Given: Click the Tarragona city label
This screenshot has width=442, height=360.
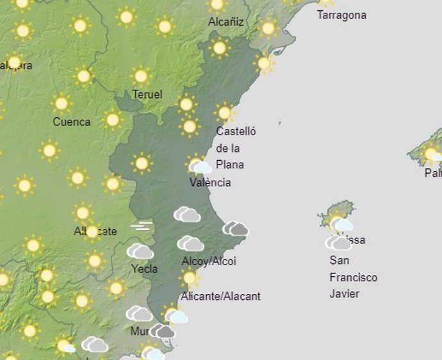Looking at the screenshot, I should click(x=341, y=15).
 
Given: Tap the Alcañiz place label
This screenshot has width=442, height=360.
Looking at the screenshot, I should click(x=225, y=22).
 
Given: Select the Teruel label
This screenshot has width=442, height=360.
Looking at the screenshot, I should click(x=147, y=94).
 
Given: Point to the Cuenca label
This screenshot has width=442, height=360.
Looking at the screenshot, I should click(x=71, y=122).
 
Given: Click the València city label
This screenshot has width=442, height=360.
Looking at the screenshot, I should click(x=210, y=183).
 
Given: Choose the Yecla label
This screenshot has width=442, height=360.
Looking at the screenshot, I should click(x=144, y=268).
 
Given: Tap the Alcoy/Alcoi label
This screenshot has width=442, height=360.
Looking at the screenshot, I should click(x=209, y=261).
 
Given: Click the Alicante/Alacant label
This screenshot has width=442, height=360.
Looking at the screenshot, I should click(x=220, y=297).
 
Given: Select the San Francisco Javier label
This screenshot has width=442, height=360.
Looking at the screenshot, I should click(x=353, y=277).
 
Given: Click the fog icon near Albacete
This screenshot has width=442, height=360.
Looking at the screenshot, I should click(x=142, y=225).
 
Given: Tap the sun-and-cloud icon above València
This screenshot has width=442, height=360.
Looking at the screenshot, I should click(x=200, y=165).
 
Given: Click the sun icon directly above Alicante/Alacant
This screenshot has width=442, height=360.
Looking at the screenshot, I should click(x=189, y=277).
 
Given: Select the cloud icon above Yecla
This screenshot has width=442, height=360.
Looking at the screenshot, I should click(x=140, y=251).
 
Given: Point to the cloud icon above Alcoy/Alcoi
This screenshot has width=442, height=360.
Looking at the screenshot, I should click(x=190, y=243).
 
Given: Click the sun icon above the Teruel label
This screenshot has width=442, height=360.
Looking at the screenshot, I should click(x=141, y=76).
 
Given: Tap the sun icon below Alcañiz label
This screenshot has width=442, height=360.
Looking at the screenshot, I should click(x=220, y=47).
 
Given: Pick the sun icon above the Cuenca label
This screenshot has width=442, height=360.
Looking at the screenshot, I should click(x=61, y=103).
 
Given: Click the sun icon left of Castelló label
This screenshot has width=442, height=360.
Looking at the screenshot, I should click(x=189, y=126).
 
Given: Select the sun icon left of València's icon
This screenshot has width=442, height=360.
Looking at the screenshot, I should click(x=142, y=163).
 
